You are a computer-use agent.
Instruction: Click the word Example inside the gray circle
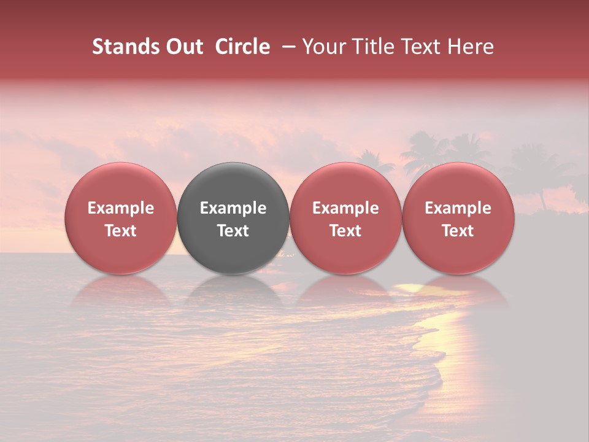tap(233, 208)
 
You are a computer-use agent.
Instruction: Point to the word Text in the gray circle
tap(233, 231)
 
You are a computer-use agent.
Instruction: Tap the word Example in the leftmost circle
tap(120, 208)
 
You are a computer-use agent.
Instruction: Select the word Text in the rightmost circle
tap(458, 231)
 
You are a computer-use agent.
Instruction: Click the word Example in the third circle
tap(345, 208)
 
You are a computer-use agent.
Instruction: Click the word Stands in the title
tap(117, 47)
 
